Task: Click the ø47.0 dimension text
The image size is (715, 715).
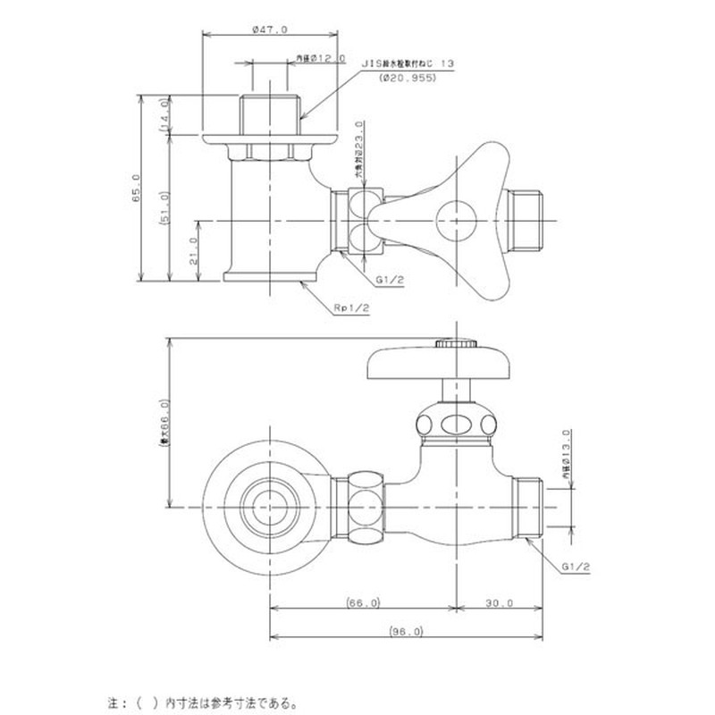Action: [x=271, y=29]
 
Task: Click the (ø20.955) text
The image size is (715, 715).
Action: [x=407, y=79]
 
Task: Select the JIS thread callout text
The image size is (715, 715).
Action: [x=408, y=64]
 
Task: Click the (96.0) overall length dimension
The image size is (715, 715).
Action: [x=406, y=631]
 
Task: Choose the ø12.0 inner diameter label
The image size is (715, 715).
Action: [x=320, y=58]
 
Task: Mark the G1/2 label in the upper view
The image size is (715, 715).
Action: [x=391, y=280]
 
